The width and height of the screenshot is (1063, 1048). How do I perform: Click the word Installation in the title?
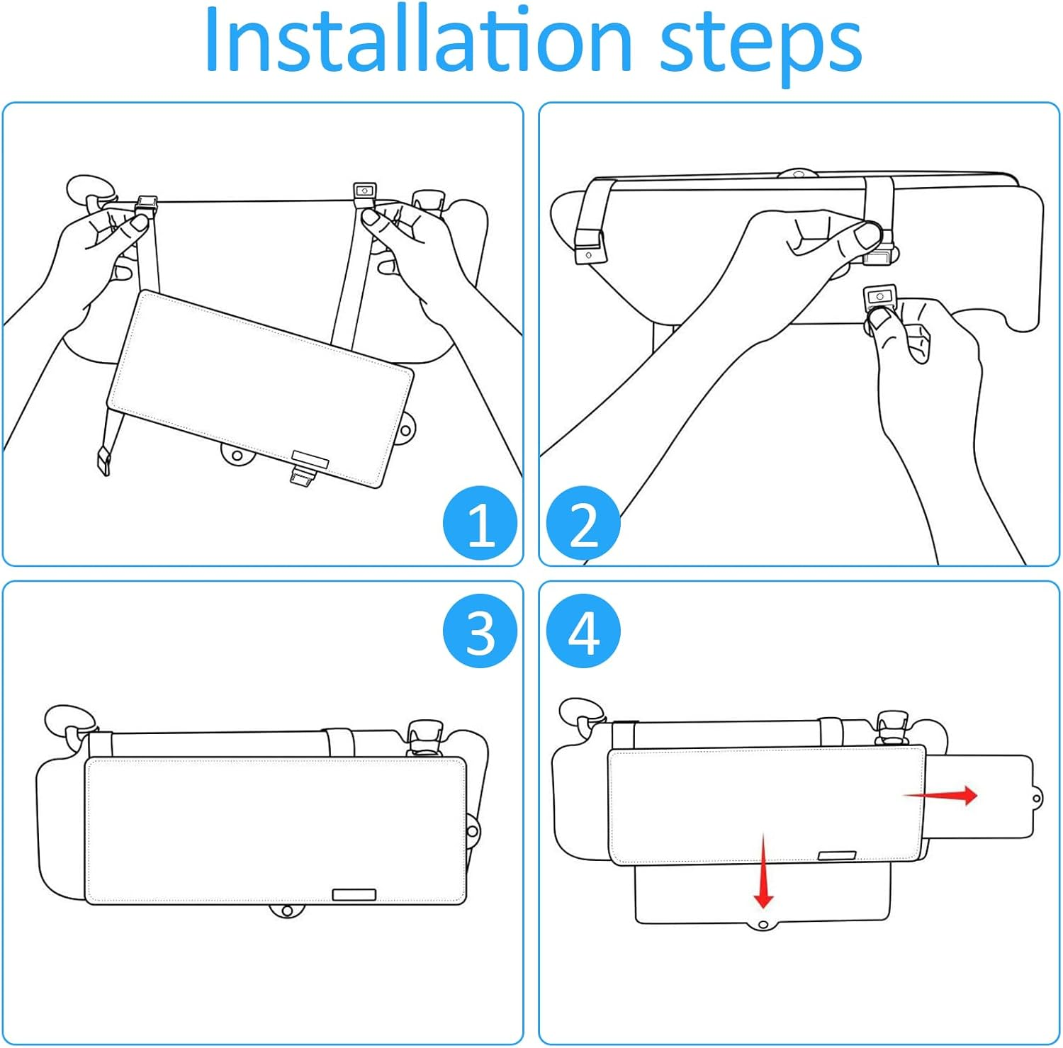(417, 40)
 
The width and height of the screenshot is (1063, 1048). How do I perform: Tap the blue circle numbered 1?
(480, 524)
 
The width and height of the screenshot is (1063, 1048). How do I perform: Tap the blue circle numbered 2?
(583, 524)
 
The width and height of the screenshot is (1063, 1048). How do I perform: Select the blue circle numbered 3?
(480, 630)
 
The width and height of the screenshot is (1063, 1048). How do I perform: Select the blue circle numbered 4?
(583, 630)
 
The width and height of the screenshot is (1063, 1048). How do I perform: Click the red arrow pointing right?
(941, 795)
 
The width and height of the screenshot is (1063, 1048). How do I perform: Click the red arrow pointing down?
(763, 872)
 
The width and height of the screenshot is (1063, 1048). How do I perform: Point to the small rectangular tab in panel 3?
(354, 894)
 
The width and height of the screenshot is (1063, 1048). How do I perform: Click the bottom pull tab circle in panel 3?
(286, 910)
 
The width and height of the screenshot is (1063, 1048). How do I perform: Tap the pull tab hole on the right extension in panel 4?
(1037, 799)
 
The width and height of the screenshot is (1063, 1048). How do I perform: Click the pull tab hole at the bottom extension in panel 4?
(763, 925)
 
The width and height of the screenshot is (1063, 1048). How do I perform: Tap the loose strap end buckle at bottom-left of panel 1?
(104, 462)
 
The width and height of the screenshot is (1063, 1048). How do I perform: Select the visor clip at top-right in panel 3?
(424, 738)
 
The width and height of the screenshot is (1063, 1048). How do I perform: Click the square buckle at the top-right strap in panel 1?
(364, 193)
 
